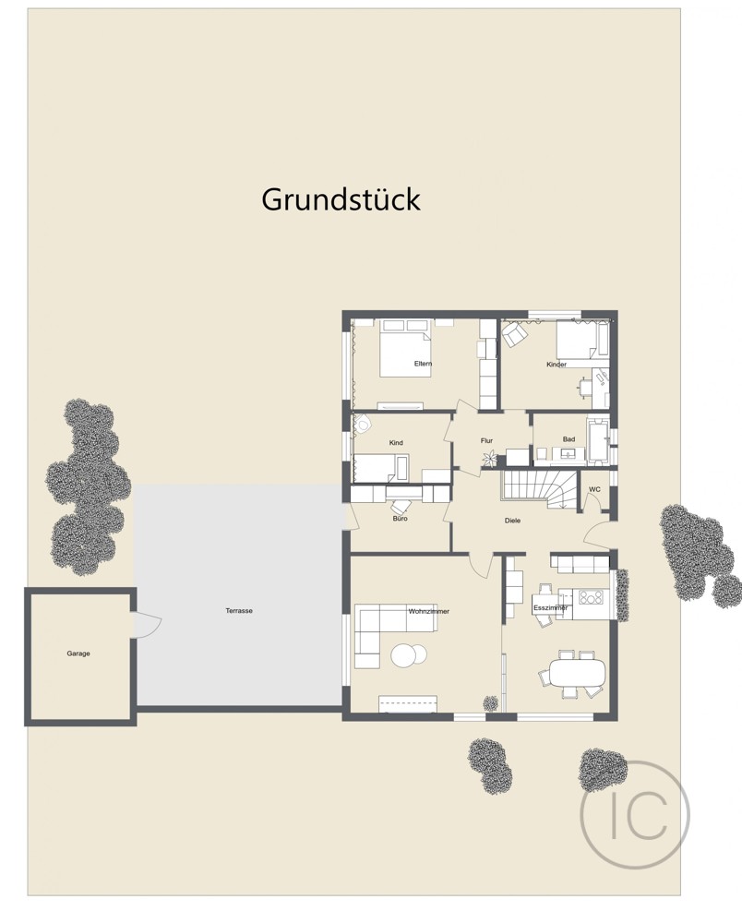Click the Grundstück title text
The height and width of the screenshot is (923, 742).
tap(341, 199)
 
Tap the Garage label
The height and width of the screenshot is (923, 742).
tap(78, 653)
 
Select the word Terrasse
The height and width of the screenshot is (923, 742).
tap(239, 611)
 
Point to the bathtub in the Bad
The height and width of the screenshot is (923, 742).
tap(597, 441)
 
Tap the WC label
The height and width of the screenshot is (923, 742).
tap(594, 489)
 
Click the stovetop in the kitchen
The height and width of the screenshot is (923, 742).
tap(591, 595)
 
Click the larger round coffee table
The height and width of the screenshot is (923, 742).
tap(404, 654)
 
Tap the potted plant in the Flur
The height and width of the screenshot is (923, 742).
tap(489, 457)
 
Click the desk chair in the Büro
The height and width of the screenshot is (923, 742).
tap(401, 507)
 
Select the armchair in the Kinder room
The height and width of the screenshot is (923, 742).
tap(514, 337)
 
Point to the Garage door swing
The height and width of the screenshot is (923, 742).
tap(148, 625)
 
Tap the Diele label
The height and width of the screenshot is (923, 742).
tap(512, 521)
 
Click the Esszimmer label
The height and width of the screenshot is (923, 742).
tap(550, 609)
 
